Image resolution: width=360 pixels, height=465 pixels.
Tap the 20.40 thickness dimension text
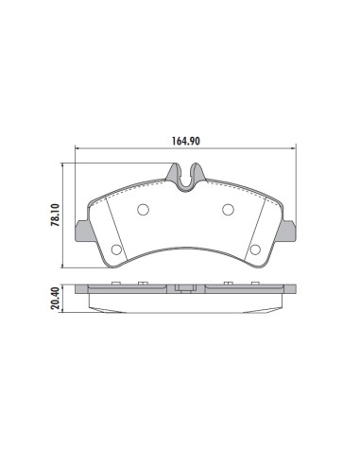coord(56,299)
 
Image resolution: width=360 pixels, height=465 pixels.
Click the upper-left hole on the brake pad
coord(145,210)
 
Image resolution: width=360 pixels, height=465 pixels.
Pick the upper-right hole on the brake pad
coord(228,210)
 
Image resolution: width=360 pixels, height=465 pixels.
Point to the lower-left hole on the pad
coord(116,250)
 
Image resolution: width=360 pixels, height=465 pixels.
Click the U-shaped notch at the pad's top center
coord(186,174)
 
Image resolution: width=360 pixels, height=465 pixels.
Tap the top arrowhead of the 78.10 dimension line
coord(63,164)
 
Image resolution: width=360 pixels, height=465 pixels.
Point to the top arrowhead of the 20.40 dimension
coord(63,286)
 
